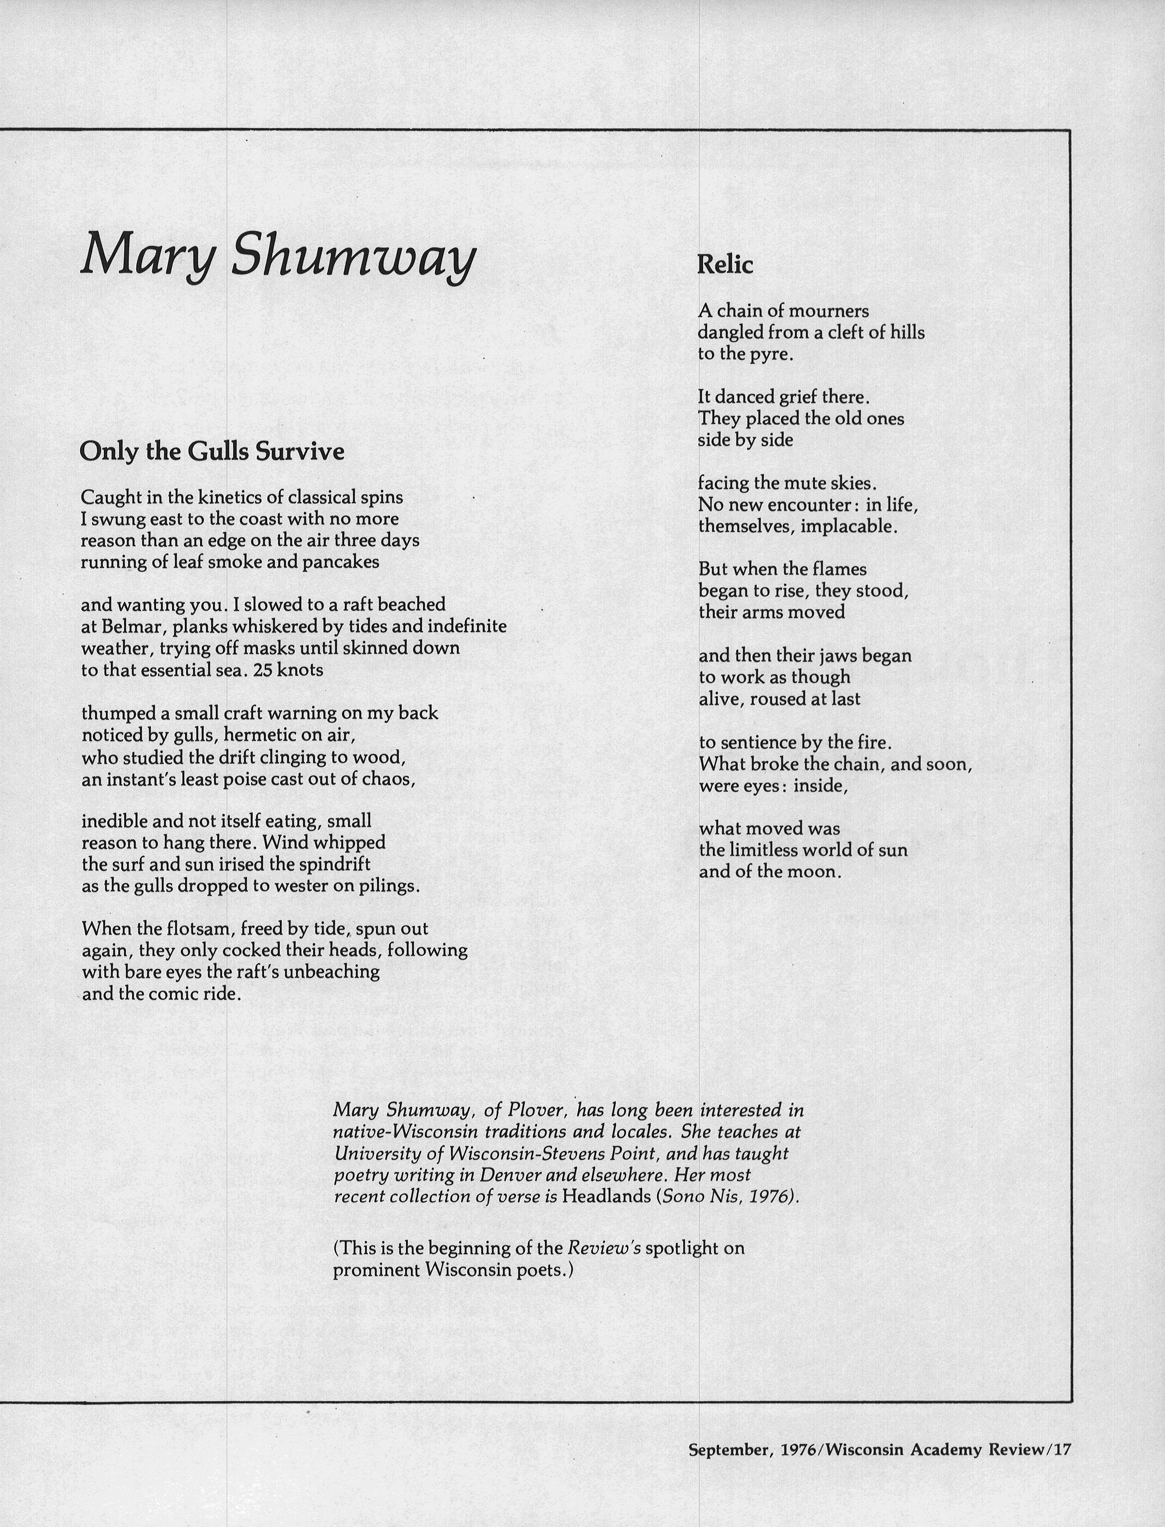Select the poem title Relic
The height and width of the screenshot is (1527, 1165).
pyautogui.click(x=725, y=264)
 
